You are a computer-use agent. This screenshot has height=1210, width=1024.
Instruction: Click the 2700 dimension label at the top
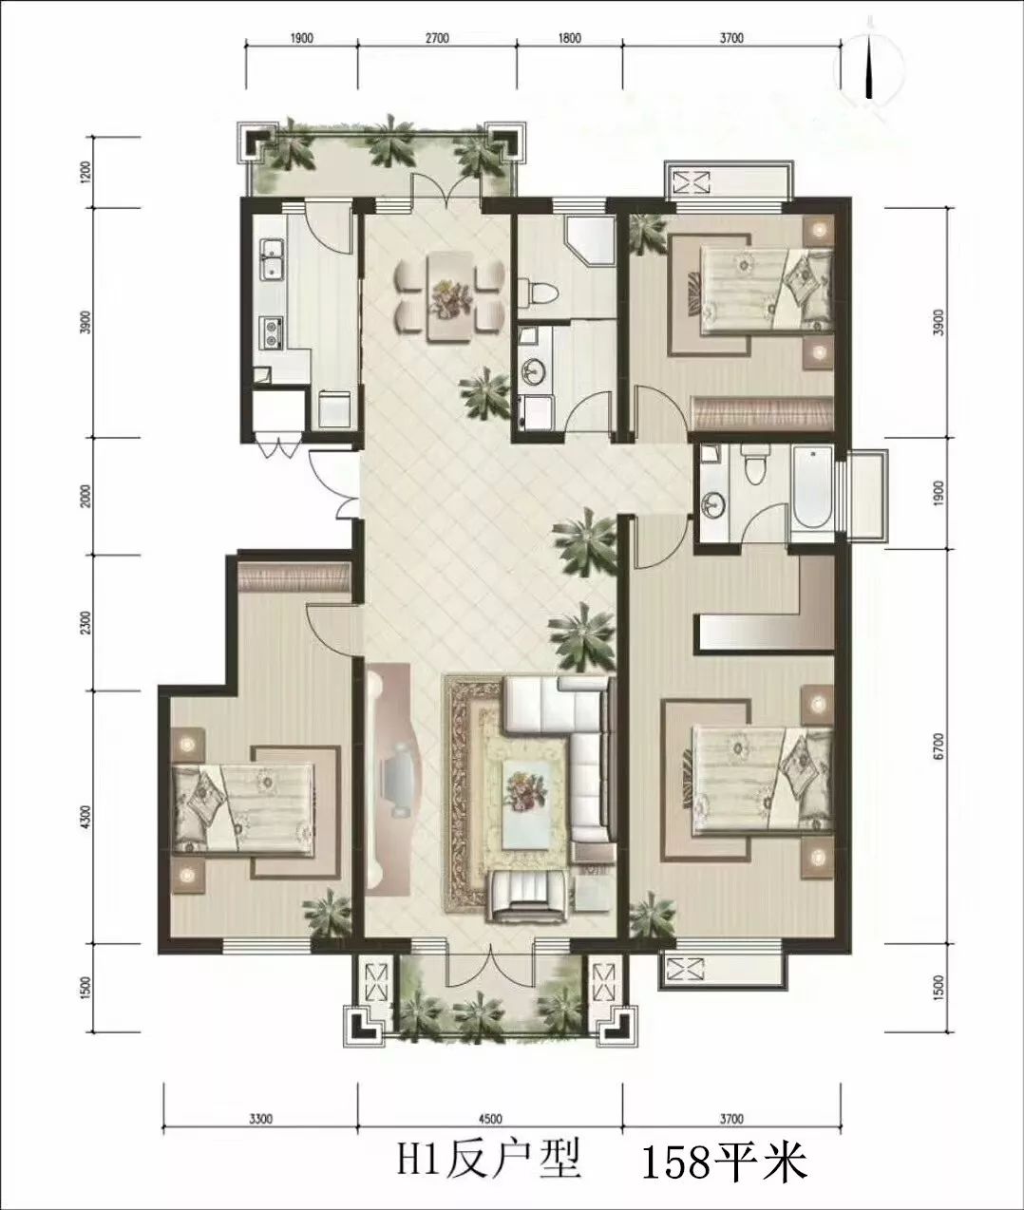click(437, 39)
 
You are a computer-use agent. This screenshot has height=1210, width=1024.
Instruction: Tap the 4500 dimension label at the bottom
click(490, 1119)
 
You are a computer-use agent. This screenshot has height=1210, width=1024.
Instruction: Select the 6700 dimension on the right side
click(939, 747)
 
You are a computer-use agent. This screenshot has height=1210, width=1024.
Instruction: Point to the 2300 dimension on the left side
click(86, 622)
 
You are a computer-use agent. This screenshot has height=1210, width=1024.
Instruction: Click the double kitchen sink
click(272, 258)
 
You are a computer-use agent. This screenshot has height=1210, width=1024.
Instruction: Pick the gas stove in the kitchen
click(272, 333)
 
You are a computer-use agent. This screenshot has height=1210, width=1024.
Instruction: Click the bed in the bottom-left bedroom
click(243, 809)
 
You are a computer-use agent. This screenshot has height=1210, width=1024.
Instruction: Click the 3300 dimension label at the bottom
click(260, 1119)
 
